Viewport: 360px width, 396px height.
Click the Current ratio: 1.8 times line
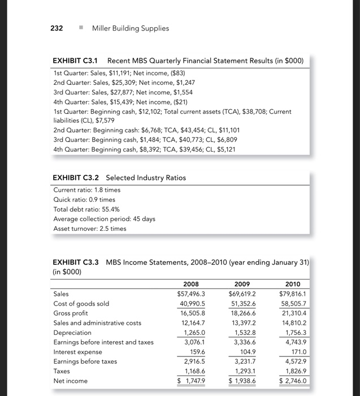click(86, 190)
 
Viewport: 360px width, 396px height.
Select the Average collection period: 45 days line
click(104, 219)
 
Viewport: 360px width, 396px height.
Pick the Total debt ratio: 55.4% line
click(85, 209)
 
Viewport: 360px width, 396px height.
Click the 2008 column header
click(192, 283)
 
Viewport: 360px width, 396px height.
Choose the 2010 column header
click(297, 283)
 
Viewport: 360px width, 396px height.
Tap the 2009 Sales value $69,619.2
click(241, 294)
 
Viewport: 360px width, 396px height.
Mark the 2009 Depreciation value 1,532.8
click(244, 333)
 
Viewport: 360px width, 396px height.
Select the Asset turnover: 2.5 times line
click(89, 229)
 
